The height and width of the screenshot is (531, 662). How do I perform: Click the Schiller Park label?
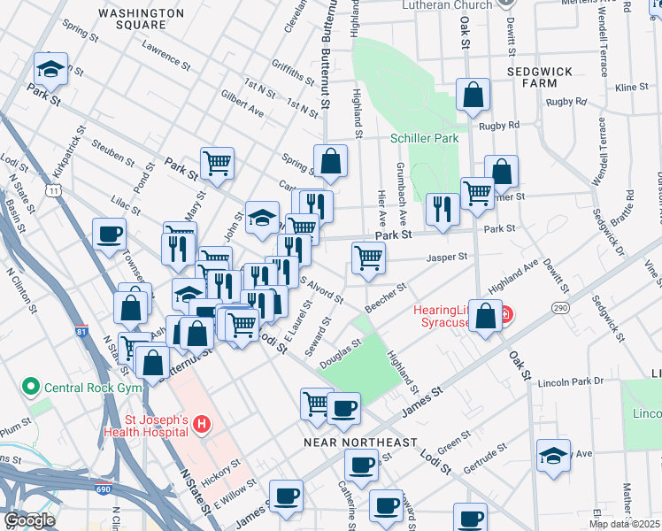click(x=424, y=139)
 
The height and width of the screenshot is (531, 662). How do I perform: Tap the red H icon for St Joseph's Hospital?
click(x=202, y=425)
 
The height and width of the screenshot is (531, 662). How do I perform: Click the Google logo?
click(x=29, y=520)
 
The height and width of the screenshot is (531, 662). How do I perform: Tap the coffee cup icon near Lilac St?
click(x=110, y=235)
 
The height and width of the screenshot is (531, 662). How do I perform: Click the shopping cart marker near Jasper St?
click(x=368, y=258)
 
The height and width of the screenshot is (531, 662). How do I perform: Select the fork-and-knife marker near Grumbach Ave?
click(x=441, y=209)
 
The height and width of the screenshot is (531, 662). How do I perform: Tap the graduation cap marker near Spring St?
click(x=50, y=67)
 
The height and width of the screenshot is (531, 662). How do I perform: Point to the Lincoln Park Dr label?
click(x=573, y=381)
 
